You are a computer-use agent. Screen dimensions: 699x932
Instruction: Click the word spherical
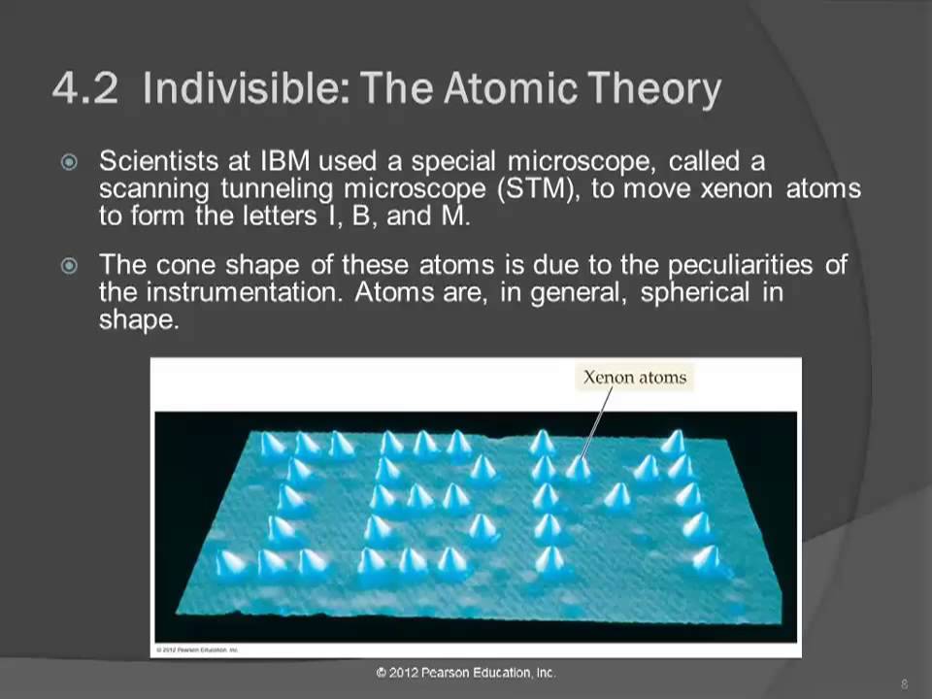[x=693, y=293]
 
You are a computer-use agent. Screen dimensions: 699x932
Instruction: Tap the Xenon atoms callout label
[x=634, y=378]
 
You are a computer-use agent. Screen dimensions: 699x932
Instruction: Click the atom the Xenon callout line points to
[x=579, y=468]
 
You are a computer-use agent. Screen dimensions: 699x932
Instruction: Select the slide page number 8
[x=904, y=683]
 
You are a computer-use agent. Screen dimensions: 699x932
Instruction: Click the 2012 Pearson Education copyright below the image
[x=466, y=673]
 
